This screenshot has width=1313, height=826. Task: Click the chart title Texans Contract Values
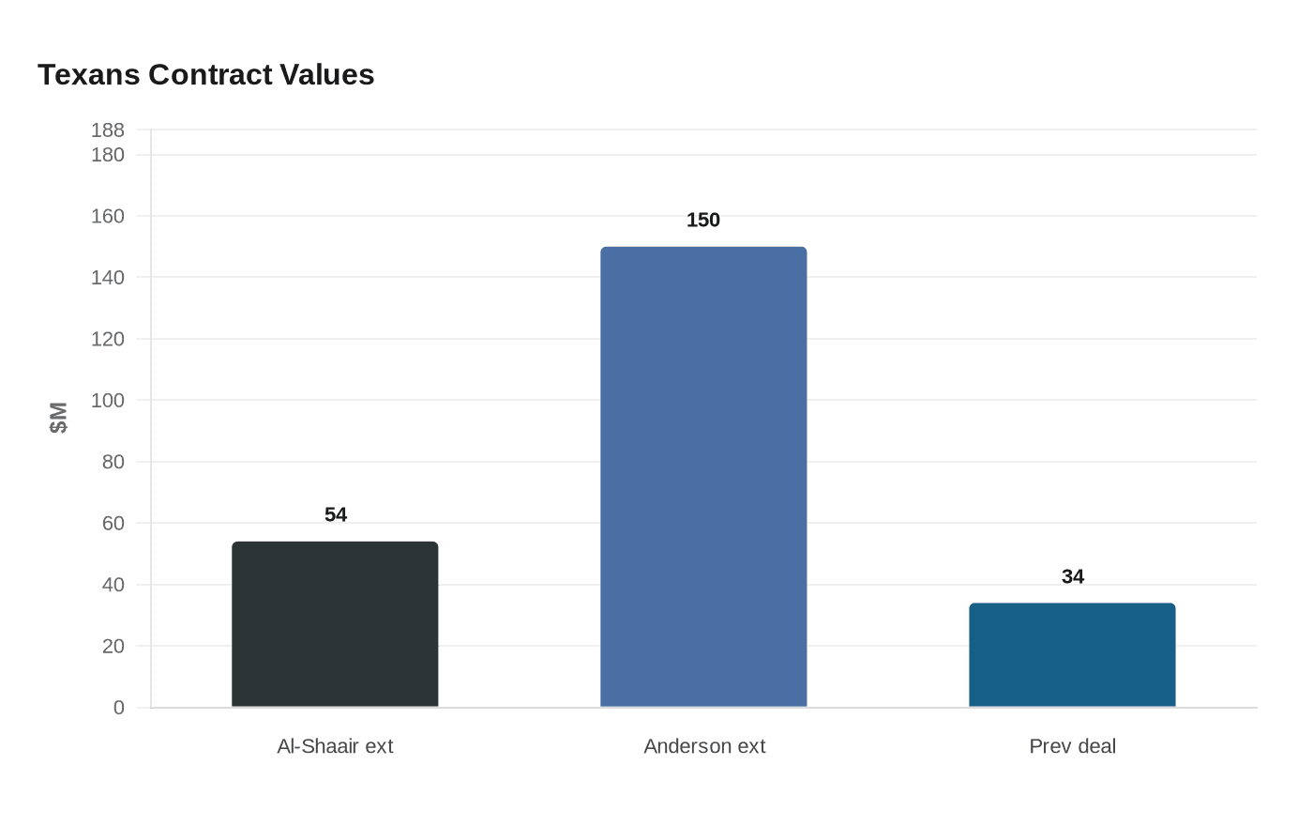pyautogui.click(x=205, y=75)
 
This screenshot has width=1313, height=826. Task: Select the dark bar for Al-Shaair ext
pyautogui.click(x=335, y=624)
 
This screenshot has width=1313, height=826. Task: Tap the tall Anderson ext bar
pyautogui.click(x=703, y=477)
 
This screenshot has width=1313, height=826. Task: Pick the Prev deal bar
pyautogui.click(x=1072, y=655)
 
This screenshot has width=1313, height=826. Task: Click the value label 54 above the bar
pyautogui.click(x=336, y=514)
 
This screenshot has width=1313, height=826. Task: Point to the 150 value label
pyautogui.click(x=703, y=220)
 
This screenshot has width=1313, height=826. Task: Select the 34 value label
pyautogui.click(x=1073, y=576)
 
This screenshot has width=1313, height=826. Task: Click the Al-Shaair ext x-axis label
pyautogui.click(x=335, y=746)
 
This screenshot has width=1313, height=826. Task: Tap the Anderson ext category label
pyautogui.click(x=704, y=746)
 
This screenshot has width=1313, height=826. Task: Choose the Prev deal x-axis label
pyautogui.click(x=1072, y=746)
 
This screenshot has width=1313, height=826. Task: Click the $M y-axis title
pyautogui.click(x=58, y=418)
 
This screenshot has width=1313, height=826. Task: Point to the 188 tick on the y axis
pyautogui.click(x=107, y=130)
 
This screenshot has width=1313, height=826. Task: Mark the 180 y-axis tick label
pyautogui.click(x=107, y=155)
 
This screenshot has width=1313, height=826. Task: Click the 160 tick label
pyautogui.click(x=107, y=217)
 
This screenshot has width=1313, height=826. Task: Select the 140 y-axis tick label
pyautogui.click(x=107, y=278)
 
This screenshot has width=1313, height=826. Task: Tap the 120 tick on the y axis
pyautogui.click(x=107, y=339)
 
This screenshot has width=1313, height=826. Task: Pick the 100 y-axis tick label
pyautogui.click(x=107, y=401)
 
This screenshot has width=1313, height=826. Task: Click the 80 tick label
pyautogui.click(x=113, y=462)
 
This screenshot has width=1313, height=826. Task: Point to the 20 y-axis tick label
pyautogui.click(x=113, y=646)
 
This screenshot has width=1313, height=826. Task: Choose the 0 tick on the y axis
pyautogui.click(x=119, y=708)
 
